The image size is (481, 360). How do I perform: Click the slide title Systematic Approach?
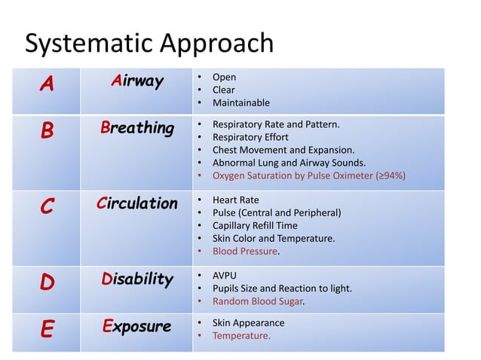pos(149,44)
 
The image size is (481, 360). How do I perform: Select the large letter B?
pos(47,132)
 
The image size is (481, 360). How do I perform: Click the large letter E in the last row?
pos(47,330)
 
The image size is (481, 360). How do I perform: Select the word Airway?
pos(136,82)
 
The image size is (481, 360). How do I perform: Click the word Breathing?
pos(136,128)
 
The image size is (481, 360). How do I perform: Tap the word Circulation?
pos(136,203)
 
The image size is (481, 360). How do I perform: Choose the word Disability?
pos(136,280)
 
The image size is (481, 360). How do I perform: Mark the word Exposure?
pos(136,326)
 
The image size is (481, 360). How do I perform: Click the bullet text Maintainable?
pos(240,102)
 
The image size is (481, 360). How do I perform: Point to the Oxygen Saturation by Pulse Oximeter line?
pos(309,175)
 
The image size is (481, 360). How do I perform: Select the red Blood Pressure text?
pos(246,252)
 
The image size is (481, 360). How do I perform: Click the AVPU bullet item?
pos(225,276)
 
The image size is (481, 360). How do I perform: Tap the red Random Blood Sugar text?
pos(259,302)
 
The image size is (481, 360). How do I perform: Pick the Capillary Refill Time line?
pos(255,226)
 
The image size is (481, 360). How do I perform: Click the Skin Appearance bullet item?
pos(248,323)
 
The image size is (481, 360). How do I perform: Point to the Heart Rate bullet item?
pos(236,200)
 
